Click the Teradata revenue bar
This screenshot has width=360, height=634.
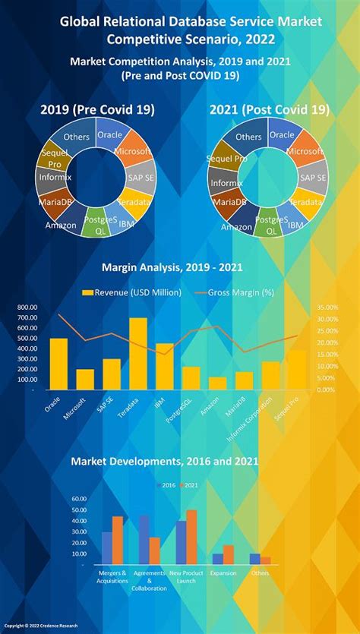pos(138,354)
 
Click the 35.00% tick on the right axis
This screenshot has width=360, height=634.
pos(327,308)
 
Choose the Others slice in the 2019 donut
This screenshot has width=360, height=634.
pos(76,137)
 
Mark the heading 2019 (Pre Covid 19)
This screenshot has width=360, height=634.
pos(97,110)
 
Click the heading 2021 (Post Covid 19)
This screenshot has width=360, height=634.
pos(270,110)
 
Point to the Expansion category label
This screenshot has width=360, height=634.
pos(223,574)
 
